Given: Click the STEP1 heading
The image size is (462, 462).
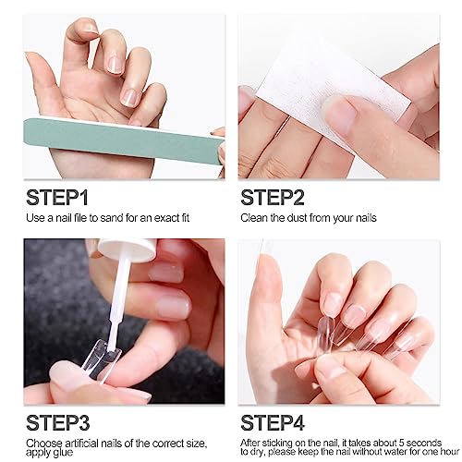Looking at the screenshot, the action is pyautogui.click(x=57, y=198).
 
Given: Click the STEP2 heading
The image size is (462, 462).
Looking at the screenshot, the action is pyautogui.click(x=273, y=198).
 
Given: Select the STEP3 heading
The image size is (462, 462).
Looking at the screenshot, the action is pyautogui.click(x=58, y=423).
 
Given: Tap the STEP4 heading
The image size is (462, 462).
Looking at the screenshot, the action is pyautogui.click(x=273, y=423).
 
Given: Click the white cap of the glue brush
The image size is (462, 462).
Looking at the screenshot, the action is pyautogui.click(x=127, y=249).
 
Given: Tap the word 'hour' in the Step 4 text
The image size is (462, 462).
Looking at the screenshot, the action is pyautogui.click(x=450, y=452).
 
